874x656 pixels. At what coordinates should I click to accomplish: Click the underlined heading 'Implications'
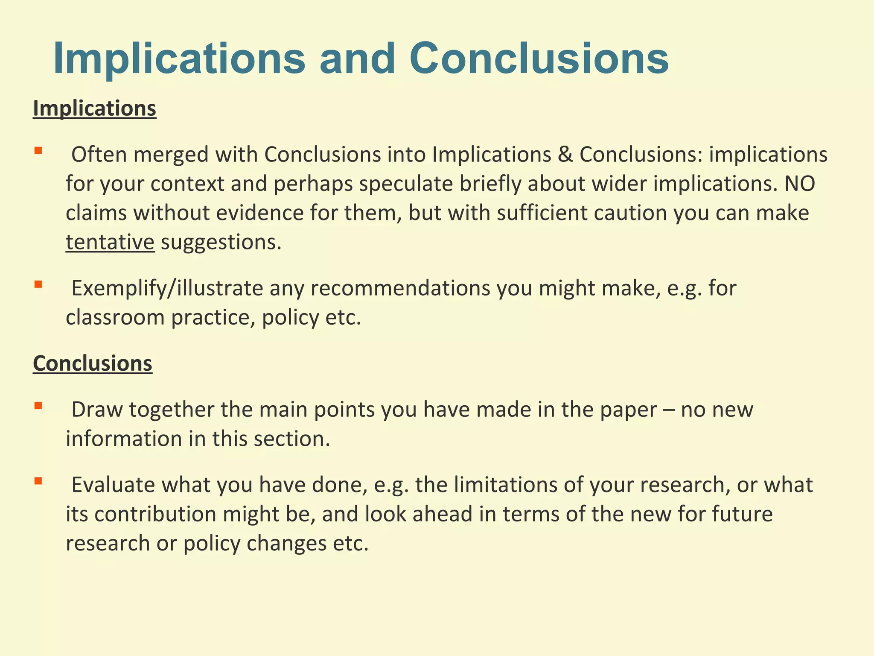click(x=94, y=108)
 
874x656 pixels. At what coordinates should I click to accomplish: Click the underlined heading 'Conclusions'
click(x=93, y=363)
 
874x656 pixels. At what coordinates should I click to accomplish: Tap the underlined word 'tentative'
click(x=110, y=242)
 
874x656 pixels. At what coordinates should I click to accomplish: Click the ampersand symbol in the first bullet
click(x=565, y=155)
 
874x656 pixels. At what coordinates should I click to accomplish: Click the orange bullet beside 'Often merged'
click(x=38, y=150)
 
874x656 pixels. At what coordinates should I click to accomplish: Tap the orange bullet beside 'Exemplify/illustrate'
click(x=38, y=284)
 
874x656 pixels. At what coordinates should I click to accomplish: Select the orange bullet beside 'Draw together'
click(x=38, y=405)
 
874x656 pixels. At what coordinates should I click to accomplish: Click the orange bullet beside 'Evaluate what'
click(x=38, y=481)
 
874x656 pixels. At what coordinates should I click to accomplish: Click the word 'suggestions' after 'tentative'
click(x=221, y=242)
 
